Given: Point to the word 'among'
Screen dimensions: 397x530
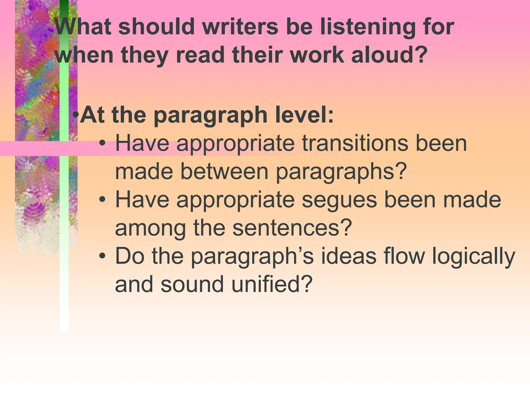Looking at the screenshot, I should point(150,228).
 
